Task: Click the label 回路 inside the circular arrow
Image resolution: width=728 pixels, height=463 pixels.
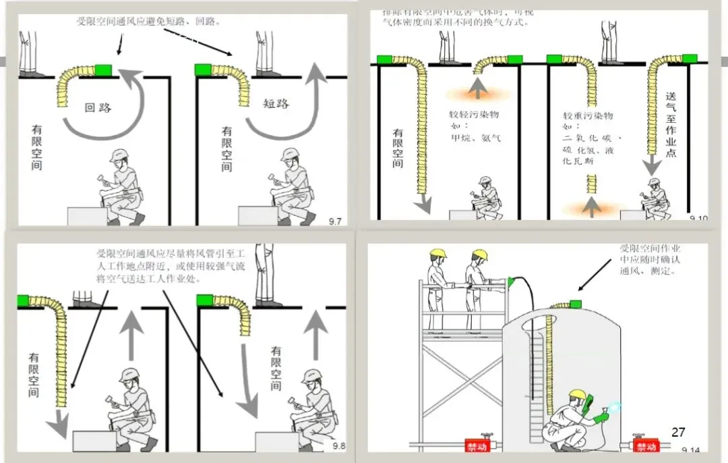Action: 98,107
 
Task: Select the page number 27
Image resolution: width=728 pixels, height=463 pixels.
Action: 678,432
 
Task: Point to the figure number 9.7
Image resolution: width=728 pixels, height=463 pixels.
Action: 335,221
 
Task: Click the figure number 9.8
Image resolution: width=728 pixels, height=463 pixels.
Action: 334,445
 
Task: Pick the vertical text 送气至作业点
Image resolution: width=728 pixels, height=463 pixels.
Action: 671,125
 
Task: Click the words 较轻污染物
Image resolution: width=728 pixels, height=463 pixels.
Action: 475,114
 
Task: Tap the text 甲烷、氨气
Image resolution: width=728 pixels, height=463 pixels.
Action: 476,138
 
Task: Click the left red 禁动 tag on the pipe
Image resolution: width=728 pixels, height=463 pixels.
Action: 477,446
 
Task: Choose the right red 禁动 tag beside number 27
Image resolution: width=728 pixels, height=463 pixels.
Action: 646,446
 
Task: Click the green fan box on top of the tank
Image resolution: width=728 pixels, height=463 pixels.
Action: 575,304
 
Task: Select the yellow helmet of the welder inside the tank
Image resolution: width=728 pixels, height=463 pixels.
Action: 576,394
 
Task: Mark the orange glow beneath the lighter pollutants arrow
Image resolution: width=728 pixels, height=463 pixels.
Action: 477,93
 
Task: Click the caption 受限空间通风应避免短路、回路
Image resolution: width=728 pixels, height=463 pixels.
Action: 150,21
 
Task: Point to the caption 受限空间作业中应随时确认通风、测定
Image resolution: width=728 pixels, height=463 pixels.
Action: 650,260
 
